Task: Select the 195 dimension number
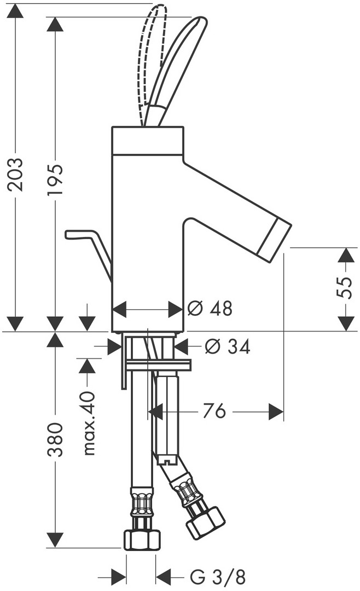(55, 179)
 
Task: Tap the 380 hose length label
(55, 439)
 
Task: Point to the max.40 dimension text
(89, 423)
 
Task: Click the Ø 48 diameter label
(210, 309)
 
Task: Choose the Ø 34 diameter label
(227, 346)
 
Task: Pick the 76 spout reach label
(214, 410)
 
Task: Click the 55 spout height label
(344, 288)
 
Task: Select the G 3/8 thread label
(218, 577)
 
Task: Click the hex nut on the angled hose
(206, 523)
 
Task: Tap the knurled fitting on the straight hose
(142, 502)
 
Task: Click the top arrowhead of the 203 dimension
(15, 12)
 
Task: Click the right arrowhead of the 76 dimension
(276, 412)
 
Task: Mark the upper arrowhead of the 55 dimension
(345, 256)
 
